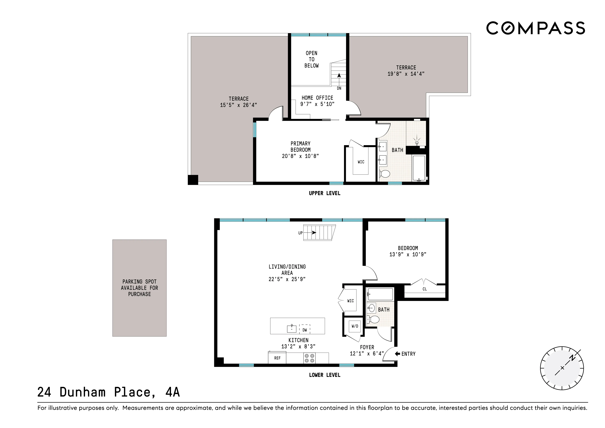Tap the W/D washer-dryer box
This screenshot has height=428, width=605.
[x=355, y=326]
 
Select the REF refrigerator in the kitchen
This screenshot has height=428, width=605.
[x=277, y=358]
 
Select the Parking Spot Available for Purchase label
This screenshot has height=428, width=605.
[x=139, y=288]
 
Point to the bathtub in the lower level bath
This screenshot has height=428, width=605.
[x=380, y=294]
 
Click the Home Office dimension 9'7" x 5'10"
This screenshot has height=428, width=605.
[x=317, y=104]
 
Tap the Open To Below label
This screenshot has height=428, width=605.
[x=311, y=59]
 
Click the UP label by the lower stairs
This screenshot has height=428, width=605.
[x=300, y=233]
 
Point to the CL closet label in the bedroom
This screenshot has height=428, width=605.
[x=424, y=289]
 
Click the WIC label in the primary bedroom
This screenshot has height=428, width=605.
[x=361, y=162]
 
